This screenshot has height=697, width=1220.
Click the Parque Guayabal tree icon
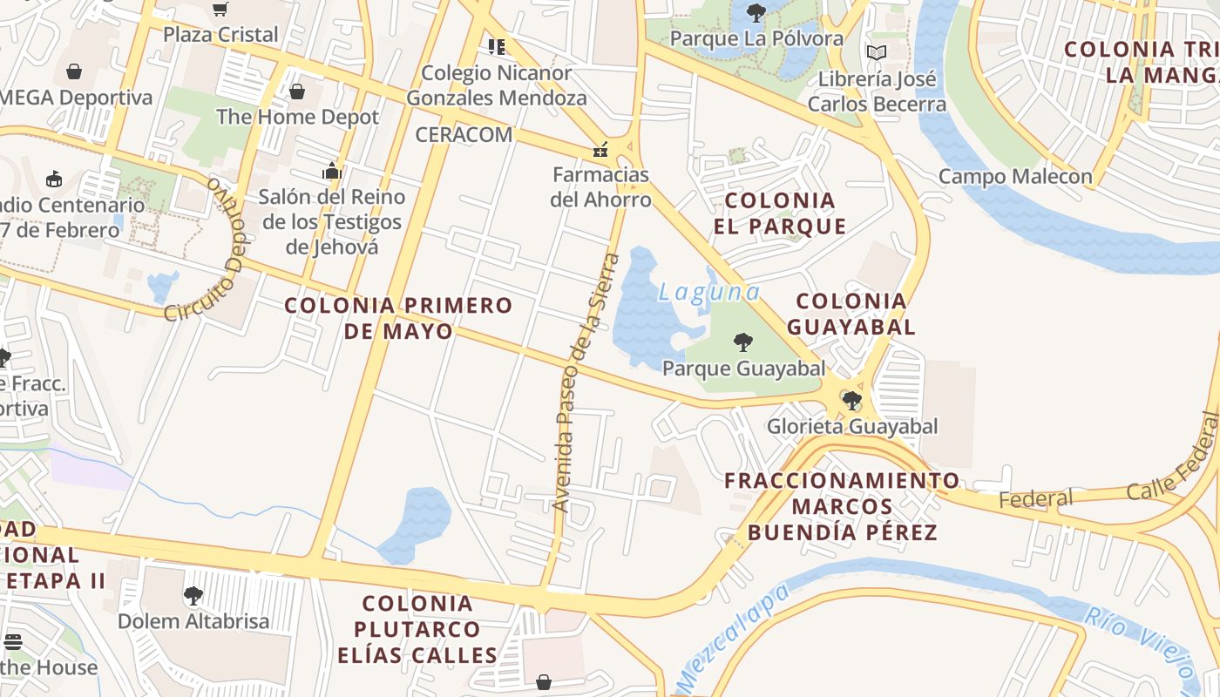coord(742,342)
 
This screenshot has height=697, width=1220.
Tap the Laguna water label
coord(709,293)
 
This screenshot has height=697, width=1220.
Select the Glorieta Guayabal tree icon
coord(851,401)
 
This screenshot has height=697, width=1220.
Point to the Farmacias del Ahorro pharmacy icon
coord(600,150)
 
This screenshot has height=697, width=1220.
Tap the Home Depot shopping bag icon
coord(297,91)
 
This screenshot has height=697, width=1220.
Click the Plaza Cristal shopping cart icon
coord(220,10)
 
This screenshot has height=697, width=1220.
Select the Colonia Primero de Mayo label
coord(398,318)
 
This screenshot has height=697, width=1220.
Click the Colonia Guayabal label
coord(851,314)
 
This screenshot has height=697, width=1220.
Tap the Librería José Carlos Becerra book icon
coord(876,53)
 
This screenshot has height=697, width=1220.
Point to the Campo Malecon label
coord(1014,177)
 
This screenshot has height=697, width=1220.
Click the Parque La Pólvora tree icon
coord(756,13)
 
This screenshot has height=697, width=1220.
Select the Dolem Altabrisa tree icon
coord(193,596)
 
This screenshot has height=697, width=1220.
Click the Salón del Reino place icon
coord(331,171)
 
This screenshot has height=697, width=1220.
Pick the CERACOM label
coord(464,135)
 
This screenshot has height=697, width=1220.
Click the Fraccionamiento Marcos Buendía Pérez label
coord(842,506)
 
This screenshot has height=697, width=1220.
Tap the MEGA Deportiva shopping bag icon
coord(74,71)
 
